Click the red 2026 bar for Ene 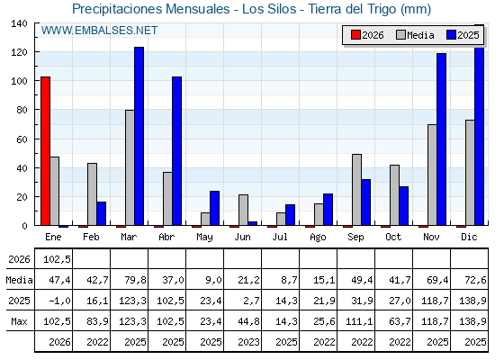(45, 151)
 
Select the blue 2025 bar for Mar (139, 136)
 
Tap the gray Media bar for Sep (356, 190)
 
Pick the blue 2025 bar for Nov (442, 139)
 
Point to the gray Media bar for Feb (92, 194)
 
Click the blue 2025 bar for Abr (176, 151)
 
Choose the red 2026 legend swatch (355, 35)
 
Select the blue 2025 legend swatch (451, 35)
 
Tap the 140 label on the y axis (20, 23)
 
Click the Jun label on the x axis (242, 238)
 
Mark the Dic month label (469, 237)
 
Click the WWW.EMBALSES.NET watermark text (99, 31)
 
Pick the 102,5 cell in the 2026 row (57, 259)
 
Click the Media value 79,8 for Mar (135, 280)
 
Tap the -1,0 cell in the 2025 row (59, 301)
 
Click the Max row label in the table (19, 321)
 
